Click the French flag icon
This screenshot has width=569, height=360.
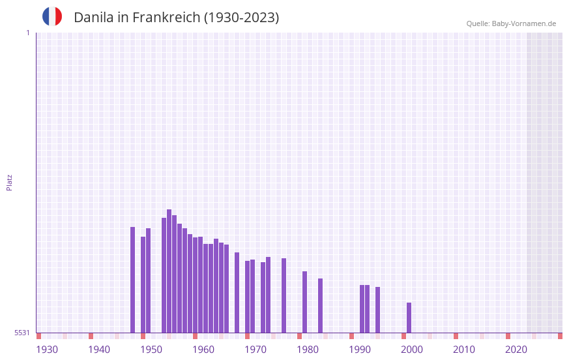coord(52,16)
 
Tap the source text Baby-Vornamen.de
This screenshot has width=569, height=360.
coord(524,23)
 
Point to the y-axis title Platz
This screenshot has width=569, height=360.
coord(9,182)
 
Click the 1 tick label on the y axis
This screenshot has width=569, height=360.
coord(27,33)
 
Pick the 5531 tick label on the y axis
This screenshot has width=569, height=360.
coord(22,333)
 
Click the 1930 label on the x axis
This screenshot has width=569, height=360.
coord(47,350)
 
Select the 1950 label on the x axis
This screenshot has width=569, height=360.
coord(151,350)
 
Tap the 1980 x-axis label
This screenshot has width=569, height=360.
coord(308,350)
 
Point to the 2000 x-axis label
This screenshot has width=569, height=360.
coord(412,350)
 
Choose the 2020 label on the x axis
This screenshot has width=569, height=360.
coord(516,350)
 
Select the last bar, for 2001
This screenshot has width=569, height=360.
coord(409,318)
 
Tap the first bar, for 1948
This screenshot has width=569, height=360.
coord(132,280)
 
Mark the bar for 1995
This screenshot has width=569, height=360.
coord(377,310)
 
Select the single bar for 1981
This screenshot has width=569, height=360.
coord(304,302)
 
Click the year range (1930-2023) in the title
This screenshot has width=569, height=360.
coord(241,18)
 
